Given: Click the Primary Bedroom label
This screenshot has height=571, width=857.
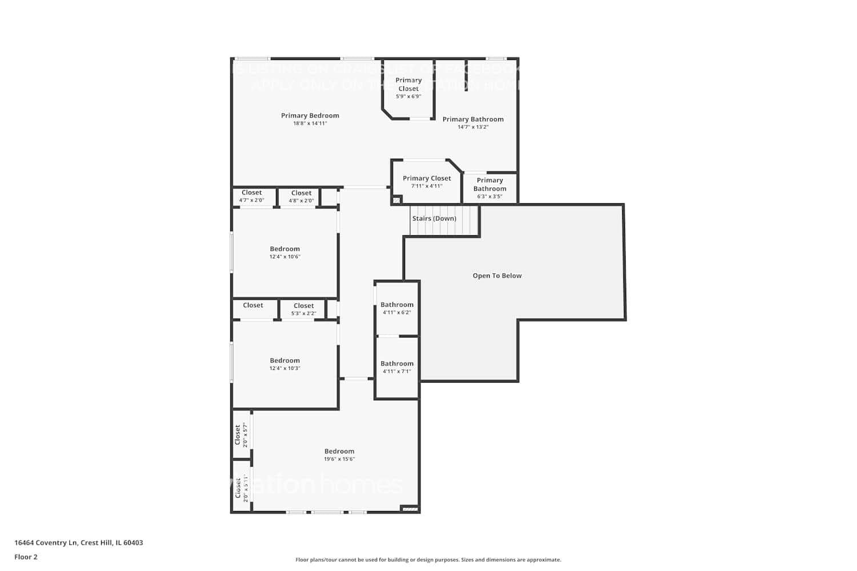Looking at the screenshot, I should [310, 115].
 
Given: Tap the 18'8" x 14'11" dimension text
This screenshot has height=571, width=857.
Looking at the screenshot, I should [310, 123].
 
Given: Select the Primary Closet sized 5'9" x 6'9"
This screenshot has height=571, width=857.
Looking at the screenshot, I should [409, 88].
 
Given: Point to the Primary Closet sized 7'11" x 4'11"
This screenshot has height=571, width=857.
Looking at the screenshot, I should [427, 182].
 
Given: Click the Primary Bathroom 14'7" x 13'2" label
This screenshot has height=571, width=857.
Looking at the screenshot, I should [473, 122].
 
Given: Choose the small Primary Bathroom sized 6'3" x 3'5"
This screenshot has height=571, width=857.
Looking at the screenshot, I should [490, 188].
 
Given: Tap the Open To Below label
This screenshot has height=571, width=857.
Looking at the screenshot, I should [497, 276].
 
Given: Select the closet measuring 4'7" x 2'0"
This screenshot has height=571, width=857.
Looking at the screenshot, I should [252, 196].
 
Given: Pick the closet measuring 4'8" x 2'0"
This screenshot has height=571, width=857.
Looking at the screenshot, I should [301, 196].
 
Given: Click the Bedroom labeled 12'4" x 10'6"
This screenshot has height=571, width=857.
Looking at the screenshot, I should [285, 252].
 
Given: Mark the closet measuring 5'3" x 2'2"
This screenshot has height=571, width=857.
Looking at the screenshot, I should [303, 309].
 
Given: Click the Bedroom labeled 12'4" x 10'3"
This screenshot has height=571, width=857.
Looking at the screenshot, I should [285, 364].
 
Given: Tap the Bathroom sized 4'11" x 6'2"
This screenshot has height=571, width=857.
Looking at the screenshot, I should [397, 308].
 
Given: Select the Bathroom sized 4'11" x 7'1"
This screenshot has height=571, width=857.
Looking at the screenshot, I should [397, 367].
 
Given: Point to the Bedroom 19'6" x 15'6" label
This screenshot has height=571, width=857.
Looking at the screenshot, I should [339, 455].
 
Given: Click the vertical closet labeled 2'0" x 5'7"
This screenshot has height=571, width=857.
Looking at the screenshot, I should [241, 435].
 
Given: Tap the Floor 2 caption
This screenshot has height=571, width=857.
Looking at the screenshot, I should [26, 557].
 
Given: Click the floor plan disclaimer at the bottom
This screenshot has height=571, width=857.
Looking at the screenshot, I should [428, 560].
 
